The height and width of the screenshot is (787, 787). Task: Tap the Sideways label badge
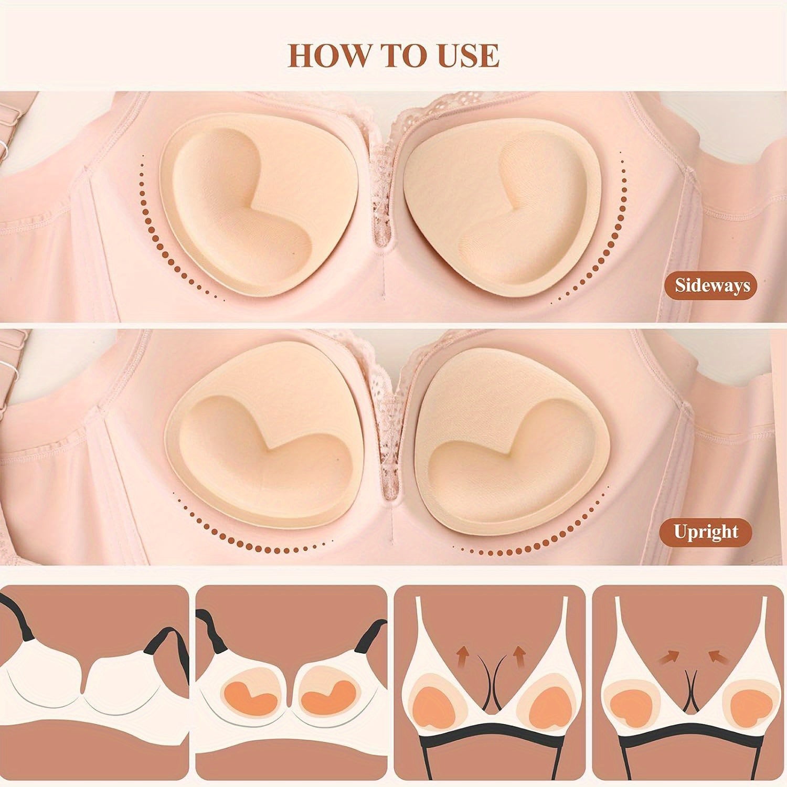[712, 286]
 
